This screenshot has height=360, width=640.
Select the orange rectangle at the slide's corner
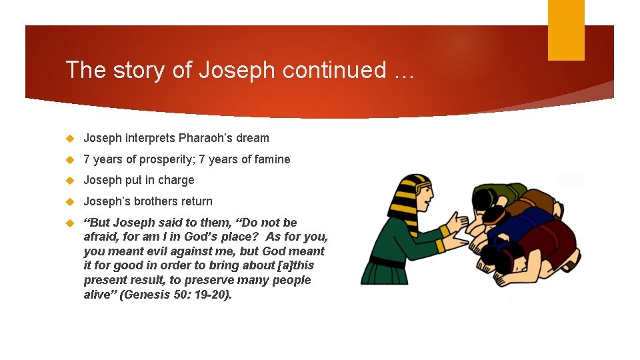click(x=566, y=30)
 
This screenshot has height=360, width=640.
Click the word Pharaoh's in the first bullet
click(x=203, y=138)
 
